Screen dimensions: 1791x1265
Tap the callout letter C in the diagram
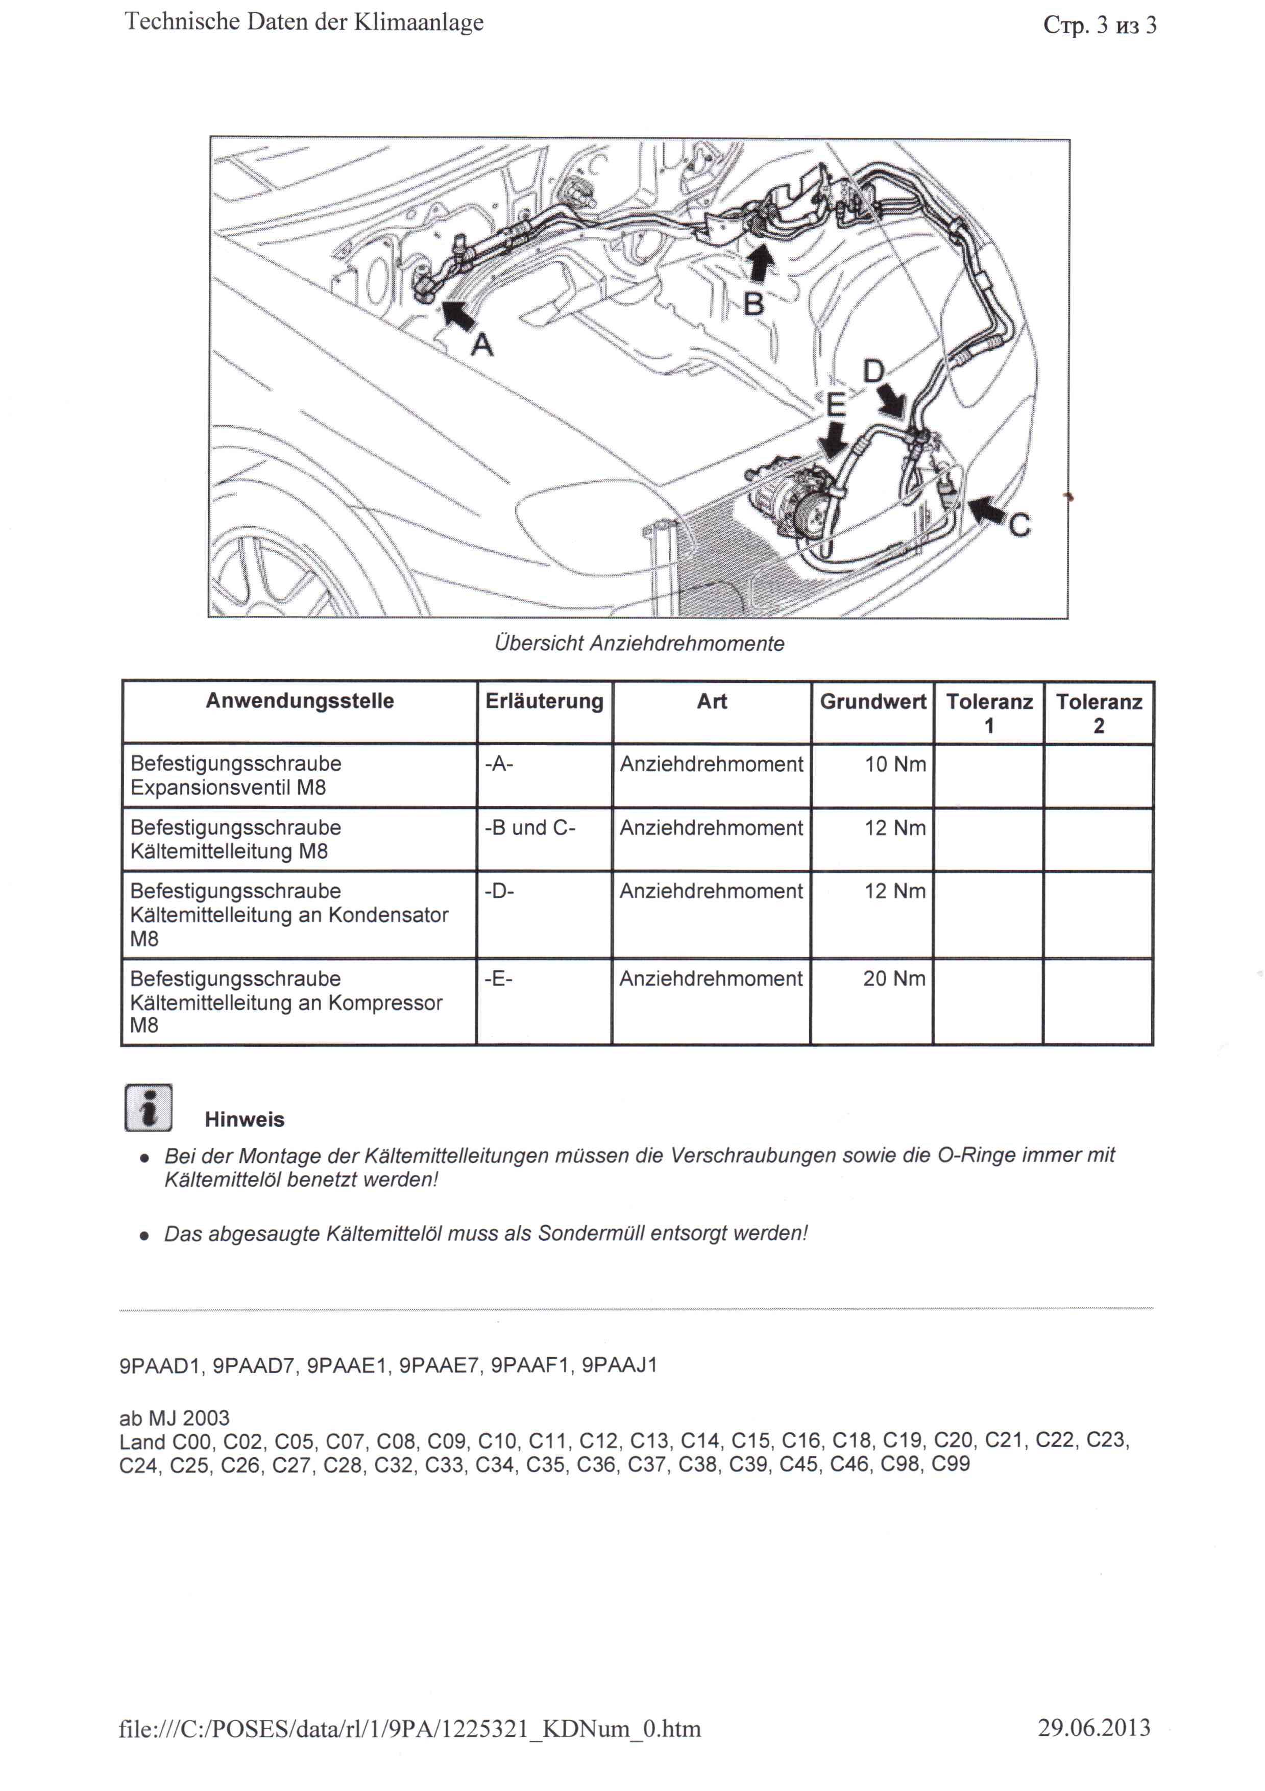(1019, 525)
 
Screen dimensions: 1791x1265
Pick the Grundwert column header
(872, 701)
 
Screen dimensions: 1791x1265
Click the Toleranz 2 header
(1098, 713)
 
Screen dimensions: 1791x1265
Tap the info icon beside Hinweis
(148, 1107)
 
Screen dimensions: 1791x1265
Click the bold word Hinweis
(244, 1119)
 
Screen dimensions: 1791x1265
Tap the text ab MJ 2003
(175, 1417)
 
